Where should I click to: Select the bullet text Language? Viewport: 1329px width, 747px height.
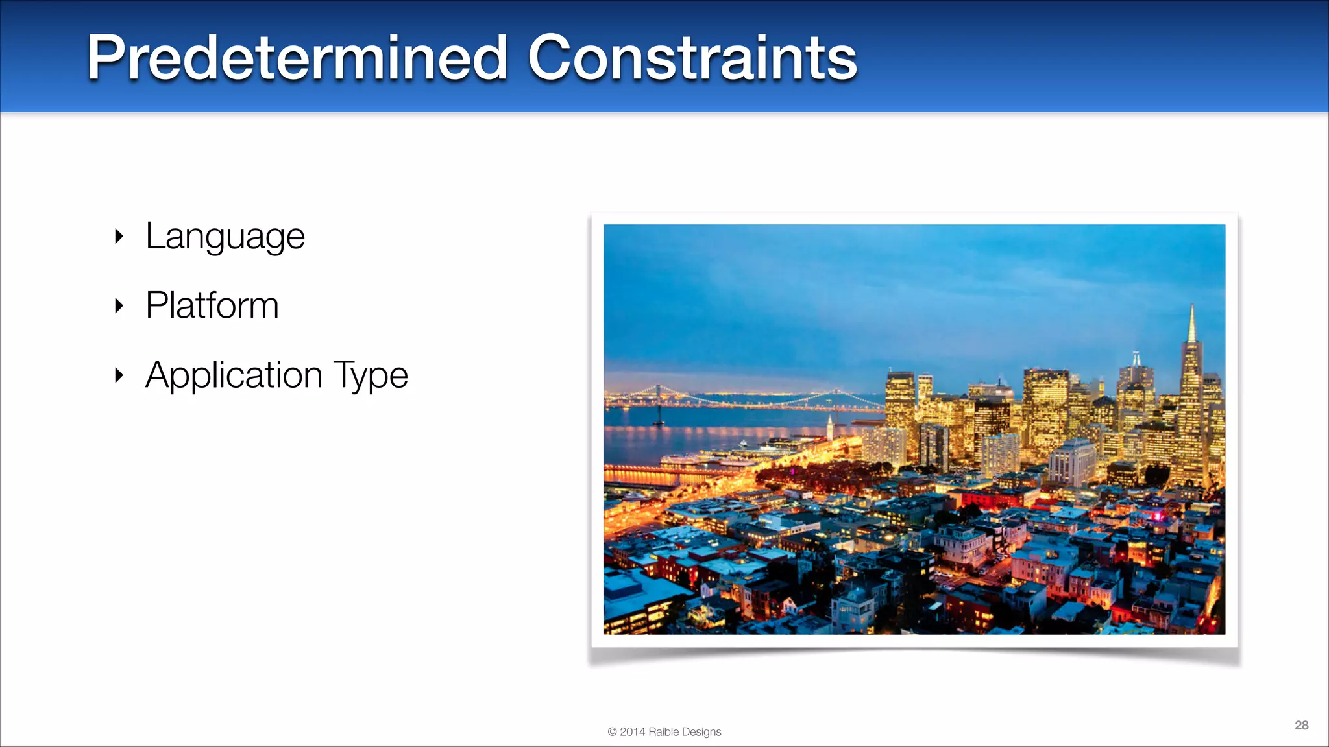[225, 237]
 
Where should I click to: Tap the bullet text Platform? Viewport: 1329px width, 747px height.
[212, 305]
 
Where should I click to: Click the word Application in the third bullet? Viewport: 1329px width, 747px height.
[234, 375]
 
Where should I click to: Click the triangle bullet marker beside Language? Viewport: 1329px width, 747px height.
[119, 236]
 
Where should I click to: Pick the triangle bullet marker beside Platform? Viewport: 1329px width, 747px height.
[119, 305]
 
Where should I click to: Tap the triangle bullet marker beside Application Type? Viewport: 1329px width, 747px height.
[119, 375]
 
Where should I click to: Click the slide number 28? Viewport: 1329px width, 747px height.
[1301, 725]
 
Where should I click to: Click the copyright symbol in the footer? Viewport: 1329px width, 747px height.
[612, 732]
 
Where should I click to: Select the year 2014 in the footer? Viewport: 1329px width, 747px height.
[633, 732]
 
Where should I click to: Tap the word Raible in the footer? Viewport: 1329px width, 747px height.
[663, 732]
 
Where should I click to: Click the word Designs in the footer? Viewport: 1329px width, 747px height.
[701, 732]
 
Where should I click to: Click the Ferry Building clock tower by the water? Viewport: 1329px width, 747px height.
[829, 429]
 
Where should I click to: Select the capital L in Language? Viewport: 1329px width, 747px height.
[153, 235]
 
